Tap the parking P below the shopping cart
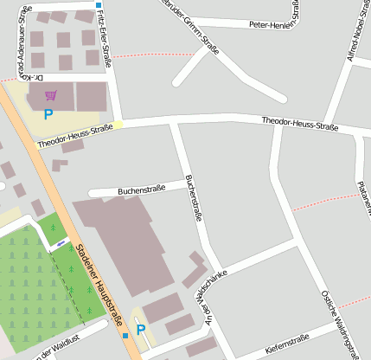(48, 113)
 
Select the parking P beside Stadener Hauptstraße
(141, 330)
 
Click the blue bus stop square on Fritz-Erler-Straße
(99, 5)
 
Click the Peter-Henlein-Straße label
(275, 25)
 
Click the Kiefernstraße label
(286, 344)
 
